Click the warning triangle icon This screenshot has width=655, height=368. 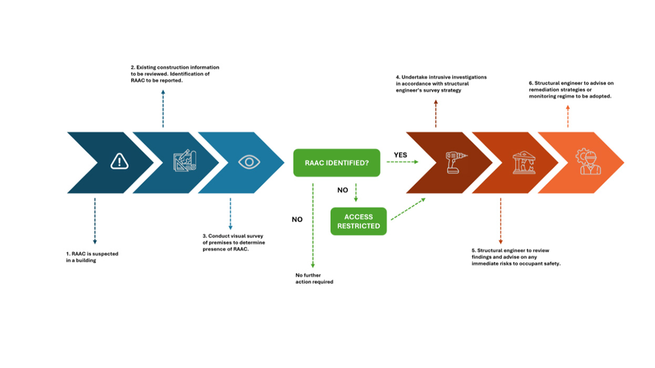point(119,162)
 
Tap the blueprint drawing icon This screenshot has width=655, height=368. point(185,162)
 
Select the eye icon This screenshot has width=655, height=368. point(249,162)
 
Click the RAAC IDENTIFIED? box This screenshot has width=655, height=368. point(336,163)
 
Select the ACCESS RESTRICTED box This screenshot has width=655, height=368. point(359,221)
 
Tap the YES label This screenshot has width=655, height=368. point(401,155)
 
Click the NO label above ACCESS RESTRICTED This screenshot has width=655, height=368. point(342,190)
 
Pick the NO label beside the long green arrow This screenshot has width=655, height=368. point(297,220)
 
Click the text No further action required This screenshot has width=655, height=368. point(314,279)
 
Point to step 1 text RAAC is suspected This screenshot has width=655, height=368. point(96,257)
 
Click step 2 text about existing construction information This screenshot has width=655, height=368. point(175,74)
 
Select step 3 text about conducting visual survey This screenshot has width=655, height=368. point(233,242)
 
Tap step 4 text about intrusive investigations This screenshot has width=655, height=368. point(441,84)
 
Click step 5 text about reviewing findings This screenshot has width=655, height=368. point(516,257)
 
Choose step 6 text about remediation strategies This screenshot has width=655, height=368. point(570,90)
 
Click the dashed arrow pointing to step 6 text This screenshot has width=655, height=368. point(568,116)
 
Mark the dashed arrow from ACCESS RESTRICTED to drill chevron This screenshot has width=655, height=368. point(408,209)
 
